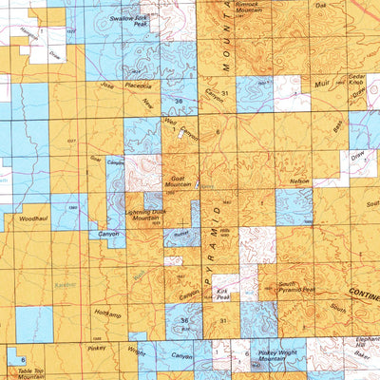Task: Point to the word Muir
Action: [x=320, y=85]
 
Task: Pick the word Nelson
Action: [x=299, y=180]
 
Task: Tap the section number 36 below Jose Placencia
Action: [x=178, y=100]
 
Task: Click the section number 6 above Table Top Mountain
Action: [x=22, y=361]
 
